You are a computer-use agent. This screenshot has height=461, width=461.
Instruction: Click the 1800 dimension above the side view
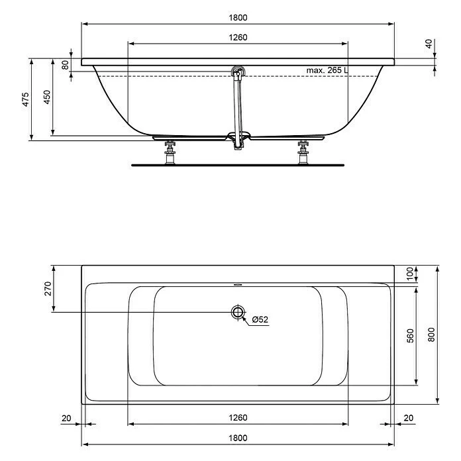tap(238, 18)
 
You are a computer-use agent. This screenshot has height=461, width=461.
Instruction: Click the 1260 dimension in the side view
tap(238, 38)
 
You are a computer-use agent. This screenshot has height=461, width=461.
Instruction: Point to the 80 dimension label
tap(65, 65)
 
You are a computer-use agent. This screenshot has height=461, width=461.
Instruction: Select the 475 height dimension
tap(25, 99)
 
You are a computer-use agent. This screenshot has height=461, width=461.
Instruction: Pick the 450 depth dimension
tap(46, 98)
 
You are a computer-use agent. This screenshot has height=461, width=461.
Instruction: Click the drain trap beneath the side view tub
tap(238, 139)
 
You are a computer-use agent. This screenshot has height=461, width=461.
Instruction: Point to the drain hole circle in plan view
tap(237, 313)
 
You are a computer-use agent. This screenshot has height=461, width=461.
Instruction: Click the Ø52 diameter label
tap(260, 320)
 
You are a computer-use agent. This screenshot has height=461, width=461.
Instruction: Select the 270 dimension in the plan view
tap(47, 289)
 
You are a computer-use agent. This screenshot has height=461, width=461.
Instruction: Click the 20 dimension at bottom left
tap(66, 418)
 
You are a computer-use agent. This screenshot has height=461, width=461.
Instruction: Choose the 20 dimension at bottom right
tap(408, 418)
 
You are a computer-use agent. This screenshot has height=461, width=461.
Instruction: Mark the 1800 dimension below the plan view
tap(238, 438)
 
